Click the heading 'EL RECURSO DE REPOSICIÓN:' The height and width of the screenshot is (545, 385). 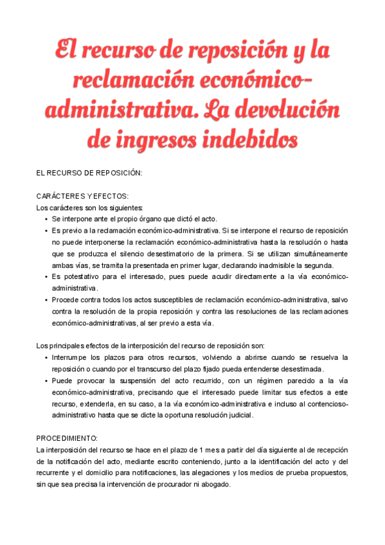(89, 174)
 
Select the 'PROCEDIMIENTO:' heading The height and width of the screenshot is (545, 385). (67, 437)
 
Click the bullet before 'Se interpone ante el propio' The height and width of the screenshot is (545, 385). (46, 219)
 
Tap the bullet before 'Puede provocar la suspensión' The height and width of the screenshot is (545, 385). (46, 380)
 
